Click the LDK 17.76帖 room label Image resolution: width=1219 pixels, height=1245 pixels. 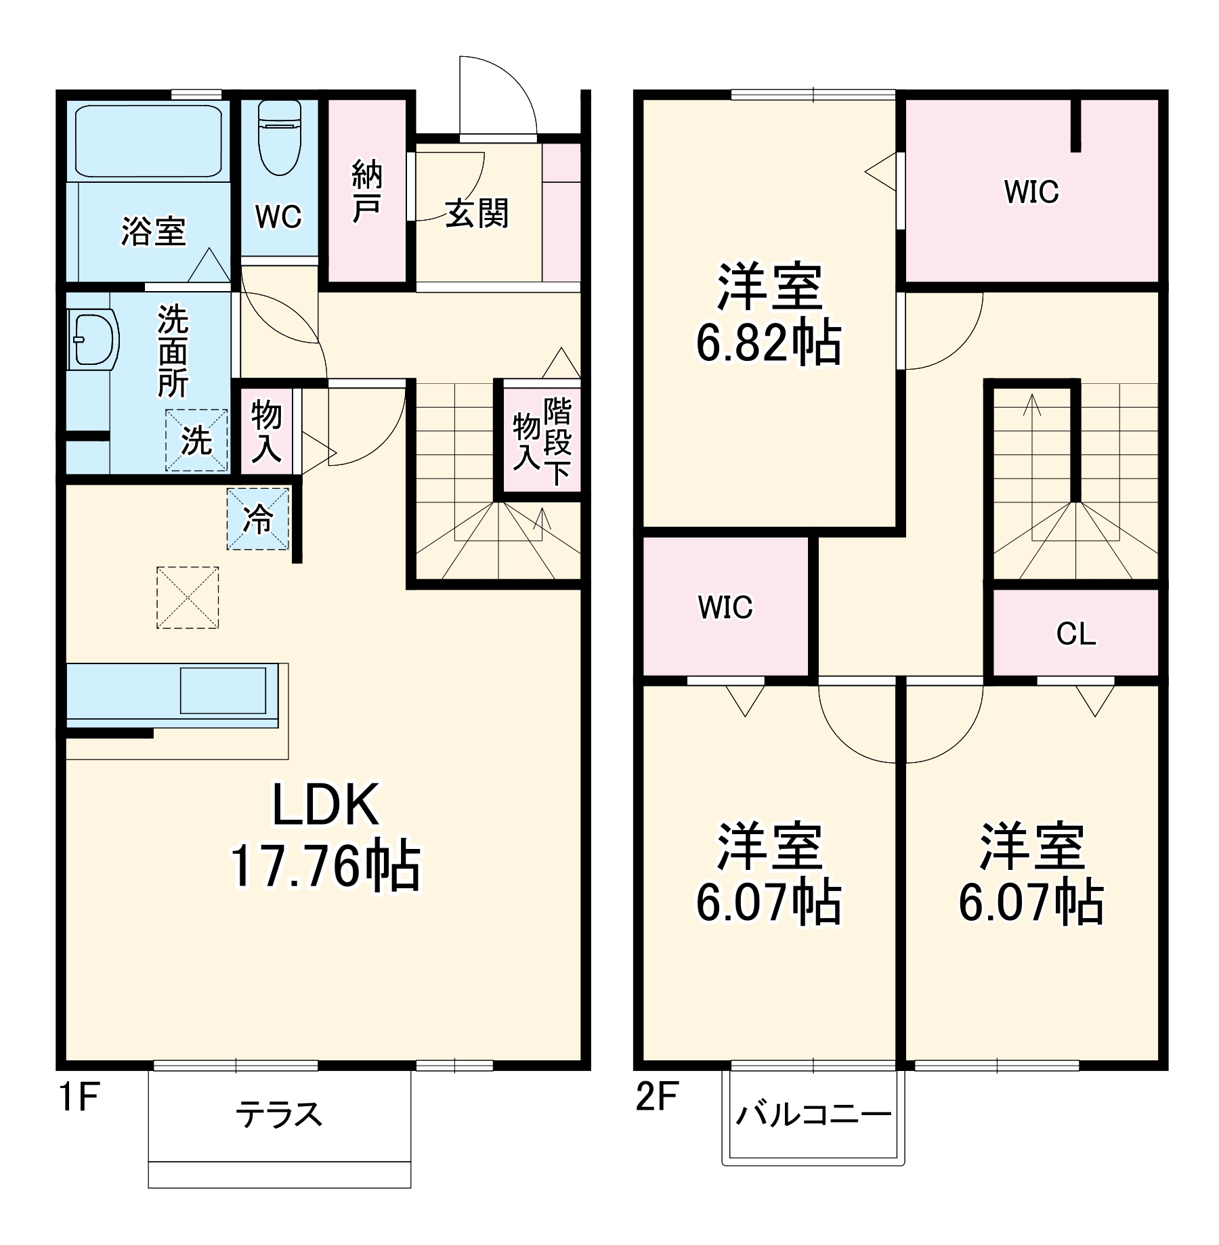pyautogui.click(x=326, y=835)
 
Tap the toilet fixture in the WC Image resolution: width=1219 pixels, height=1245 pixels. pyautogui.click(x=279, y=139)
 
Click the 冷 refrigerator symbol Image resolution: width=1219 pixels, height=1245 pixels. pyautogui.click(x=258, y=519)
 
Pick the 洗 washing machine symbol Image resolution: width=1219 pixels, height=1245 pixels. pyautogui.click(x=196, y=441)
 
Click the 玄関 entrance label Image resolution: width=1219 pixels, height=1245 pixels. pyautogui.click(x=477, y=214)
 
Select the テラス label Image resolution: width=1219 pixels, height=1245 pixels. pyautogui.click(x=278, y=1114)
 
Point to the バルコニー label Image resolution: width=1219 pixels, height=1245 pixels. pyautogui.click(x=813, y=1114)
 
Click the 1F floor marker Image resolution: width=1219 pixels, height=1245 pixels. pyautogui.click(x=79, y=1097)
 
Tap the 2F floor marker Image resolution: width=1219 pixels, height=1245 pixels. pyautogui.click(x=656, y=1097)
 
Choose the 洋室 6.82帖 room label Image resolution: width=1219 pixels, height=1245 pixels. pyautogui.click(x=769, y=315)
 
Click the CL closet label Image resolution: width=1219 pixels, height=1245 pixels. pyautogui.click(x=1075, y=634)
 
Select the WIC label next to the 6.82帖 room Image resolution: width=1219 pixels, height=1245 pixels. pyautogui.click(x=1031, y=192)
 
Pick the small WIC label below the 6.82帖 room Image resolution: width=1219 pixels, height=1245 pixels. pyautogui.click(x=725, y=607)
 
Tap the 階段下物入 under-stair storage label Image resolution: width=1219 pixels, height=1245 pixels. pyautogui.click(x=542, y=441)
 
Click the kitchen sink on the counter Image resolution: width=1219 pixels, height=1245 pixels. pyautogui.click(x=223, y=690)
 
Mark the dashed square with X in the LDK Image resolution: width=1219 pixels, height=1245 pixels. pyautogui.click(x=188, y=598)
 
